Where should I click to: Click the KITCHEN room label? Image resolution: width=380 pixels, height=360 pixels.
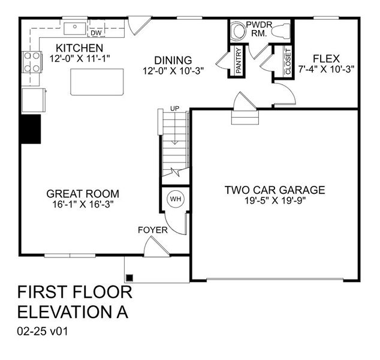(x=79, y=48)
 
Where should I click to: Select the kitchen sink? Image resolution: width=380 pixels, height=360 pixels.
(x=76, y=26)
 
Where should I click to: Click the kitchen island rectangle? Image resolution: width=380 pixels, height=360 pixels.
(x=97, y=82)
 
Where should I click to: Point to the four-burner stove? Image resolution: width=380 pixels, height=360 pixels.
(x=32, y=61)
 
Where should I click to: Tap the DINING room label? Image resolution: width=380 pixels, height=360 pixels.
(x=173, y=60)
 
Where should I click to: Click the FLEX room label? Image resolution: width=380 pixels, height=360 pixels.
(x=326, y=59)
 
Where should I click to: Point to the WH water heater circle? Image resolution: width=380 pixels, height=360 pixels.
(x=175, y=199)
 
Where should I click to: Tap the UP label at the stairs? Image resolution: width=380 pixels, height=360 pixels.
(x=175, y=108)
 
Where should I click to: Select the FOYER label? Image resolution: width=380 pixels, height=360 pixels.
(x=152, y=230)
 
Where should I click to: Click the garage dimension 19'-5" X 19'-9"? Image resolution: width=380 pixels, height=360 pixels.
(x=275, y=201)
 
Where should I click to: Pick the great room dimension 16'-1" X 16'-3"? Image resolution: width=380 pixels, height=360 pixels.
(x=83, y=204)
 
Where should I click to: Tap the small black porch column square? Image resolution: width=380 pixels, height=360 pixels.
(x=129, y=277)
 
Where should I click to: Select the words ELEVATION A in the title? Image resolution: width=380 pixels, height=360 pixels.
(x=73, y=312)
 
